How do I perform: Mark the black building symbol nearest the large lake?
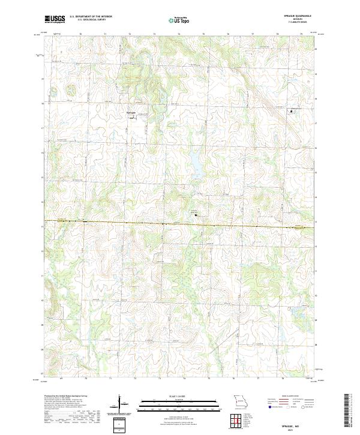[196, 213]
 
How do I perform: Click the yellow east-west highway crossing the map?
[180, 224]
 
